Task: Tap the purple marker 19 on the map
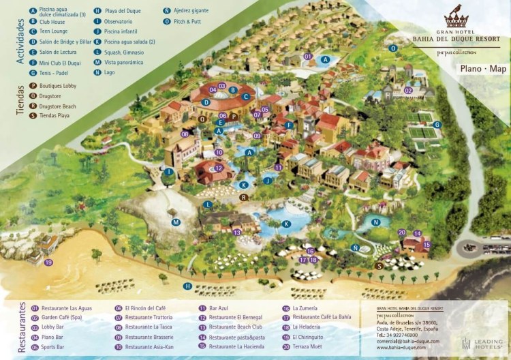(x=48, y=262)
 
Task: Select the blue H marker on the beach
(x=187, y=286)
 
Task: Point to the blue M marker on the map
(x=176, y=222)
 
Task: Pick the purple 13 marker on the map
(x=237, y=232)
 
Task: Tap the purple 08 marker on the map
(x=185, y=134)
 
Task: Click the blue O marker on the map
(x=393, y=48)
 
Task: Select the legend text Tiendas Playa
(x=55, y=116)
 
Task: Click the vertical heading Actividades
(x=20, y=34)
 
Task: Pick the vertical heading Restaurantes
(x=20, y=328)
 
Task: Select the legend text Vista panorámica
(x=125, y=63)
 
